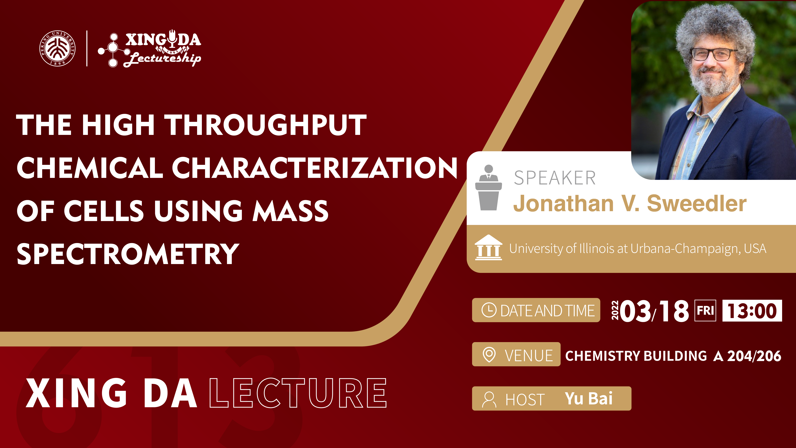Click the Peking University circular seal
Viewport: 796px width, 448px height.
[57, 48]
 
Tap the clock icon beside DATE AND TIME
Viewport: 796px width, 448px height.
[489, 310]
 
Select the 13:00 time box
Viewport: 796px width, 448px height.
[752, 310]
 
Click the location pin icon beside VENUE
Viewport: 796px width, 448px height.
[489, 355]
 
